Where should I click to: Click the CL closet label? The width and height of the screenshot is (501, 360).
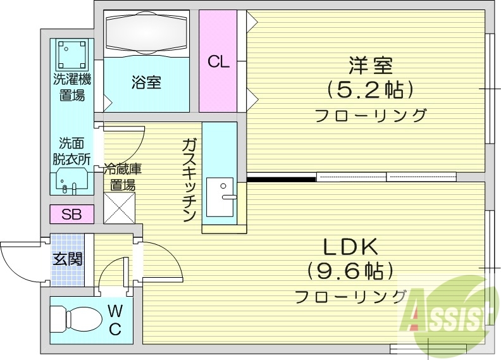[x=218, y=62]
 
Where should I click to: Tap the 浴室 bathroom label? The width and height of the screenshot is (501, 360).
[x=146, y=82]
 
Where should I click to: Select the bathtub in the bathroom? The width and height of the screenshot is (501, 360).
[x=146, y=33]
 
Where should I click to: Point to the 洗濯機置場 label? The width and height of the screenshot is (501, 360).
[x=71, y=87]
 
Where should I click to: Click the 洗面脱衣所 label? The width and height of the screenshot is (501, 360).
[x=71, y=151]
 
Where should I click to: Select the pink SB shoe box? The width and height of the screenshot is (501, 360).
[x=71, y=214]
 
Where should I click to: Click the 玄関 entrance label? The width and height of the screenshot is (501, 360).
[x=67, y=259]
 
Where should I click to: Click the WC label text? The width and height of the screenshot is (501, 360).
[x=115, y=320]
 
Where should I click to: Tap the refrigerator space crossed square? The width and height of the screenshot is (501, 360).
[x=119, y=207]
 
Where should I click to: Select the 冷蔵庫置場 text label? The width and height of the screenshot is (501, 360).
[x=122, y=177]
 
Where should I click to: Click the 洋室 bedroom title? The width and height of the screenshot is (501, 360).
[x=370, y=65]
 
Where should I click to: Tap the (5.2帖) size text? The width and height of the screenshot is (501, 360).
[x=370, y=89]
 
